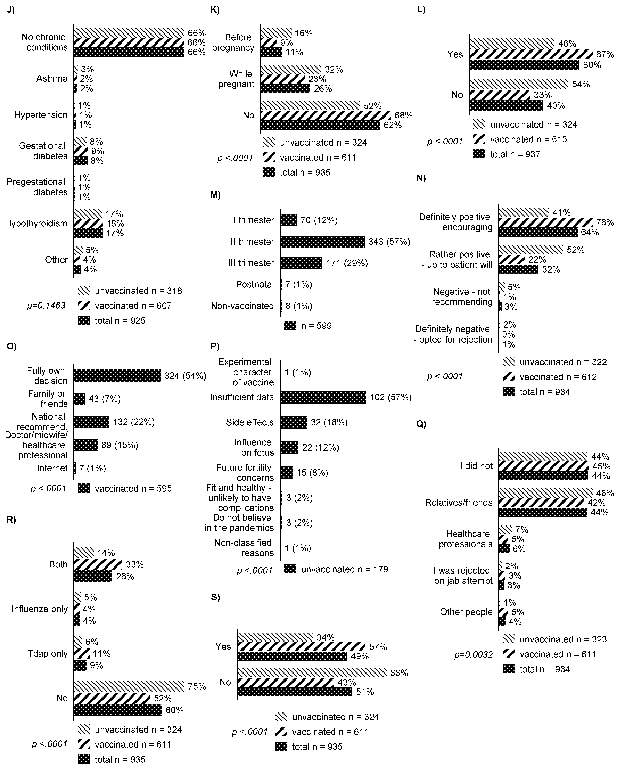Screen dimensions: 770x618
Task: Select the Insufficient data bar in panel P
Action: [323, 397]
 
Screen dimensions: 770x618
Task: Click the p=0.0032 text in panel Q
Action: [473, 655]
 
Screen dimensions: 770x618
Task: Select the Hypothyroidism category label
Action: [36, 224]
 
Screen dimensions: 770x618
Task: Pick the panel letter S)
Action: [215, 597]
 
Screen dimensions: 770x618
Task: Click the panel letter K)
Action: [215, 10]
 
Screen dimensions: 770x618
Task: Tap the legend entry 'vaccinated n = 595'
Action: [133, 489]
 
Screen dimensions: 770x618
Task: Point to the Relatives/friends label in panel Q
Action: [459, 502]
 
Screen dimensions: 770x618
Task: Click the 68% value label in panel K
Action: [403, 115]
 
